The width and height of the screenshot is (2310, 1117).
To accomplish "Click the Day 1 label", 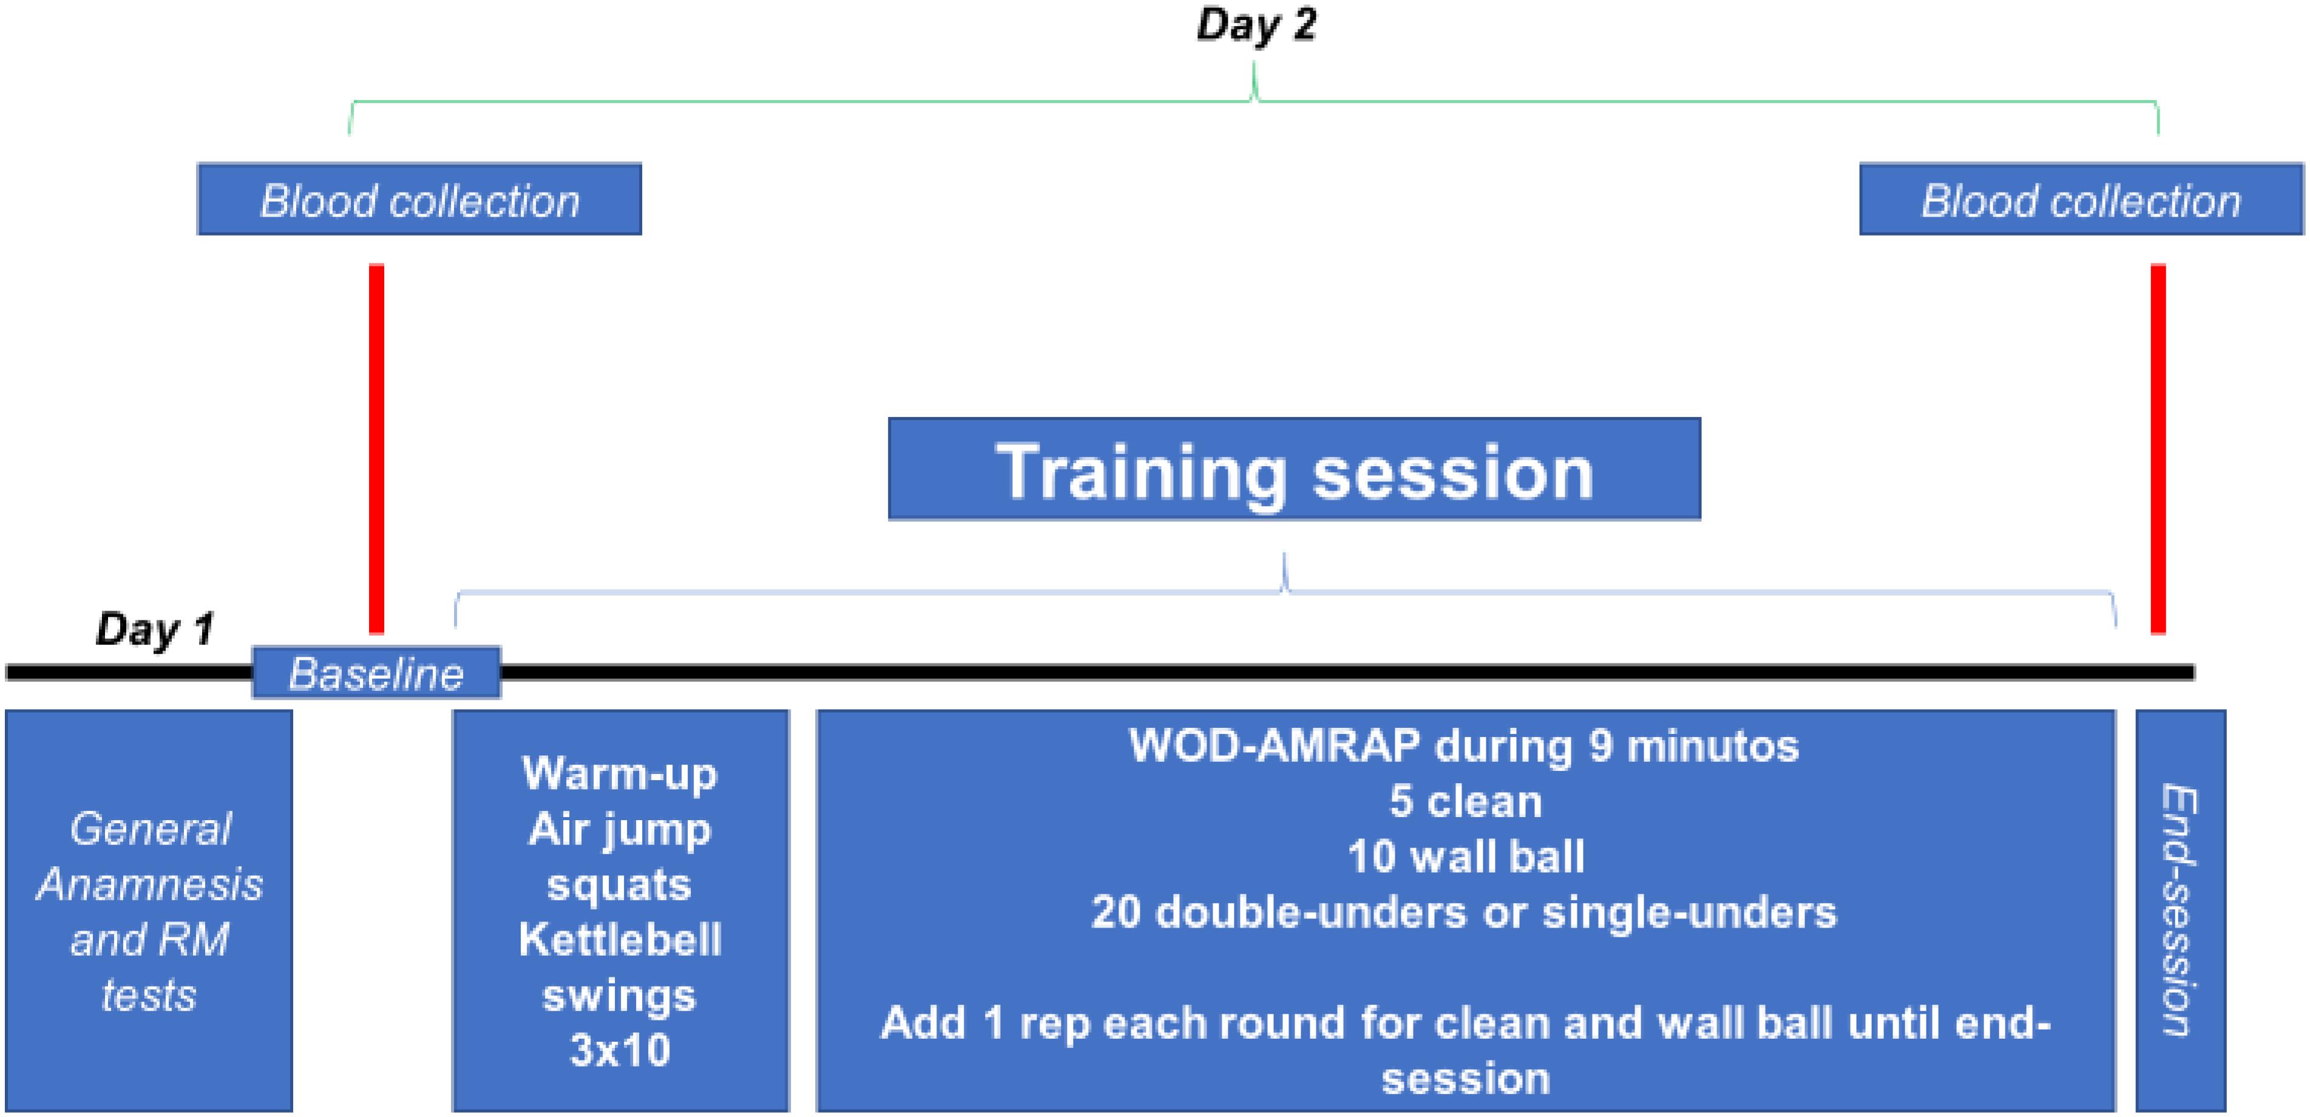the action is [155, 629].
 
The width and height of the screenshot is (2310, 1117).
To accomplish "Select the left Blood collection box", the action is [419, 199].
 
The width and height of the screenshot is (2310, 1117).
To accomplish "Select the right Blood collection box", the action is [2081, 199].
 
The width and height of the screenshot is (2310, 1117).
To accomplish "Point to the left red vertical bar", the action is [377, 449].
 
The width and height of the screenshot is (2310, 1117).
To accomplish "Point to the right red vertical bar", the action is [2158, 449].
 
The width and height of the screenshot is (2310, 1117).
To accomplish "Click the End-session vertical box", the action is [2181, 911].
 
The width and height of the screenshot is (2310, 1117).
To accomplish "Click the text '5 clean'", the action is [1465, 801].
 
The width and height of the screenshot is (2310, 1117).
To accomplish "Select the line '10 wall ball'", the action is [1465, 857].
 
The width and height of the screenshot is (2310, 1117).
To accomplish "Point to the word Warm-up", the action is [620, 774].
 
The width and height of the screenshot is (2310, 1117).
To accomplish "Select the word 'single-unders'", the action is [1688, 912].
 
